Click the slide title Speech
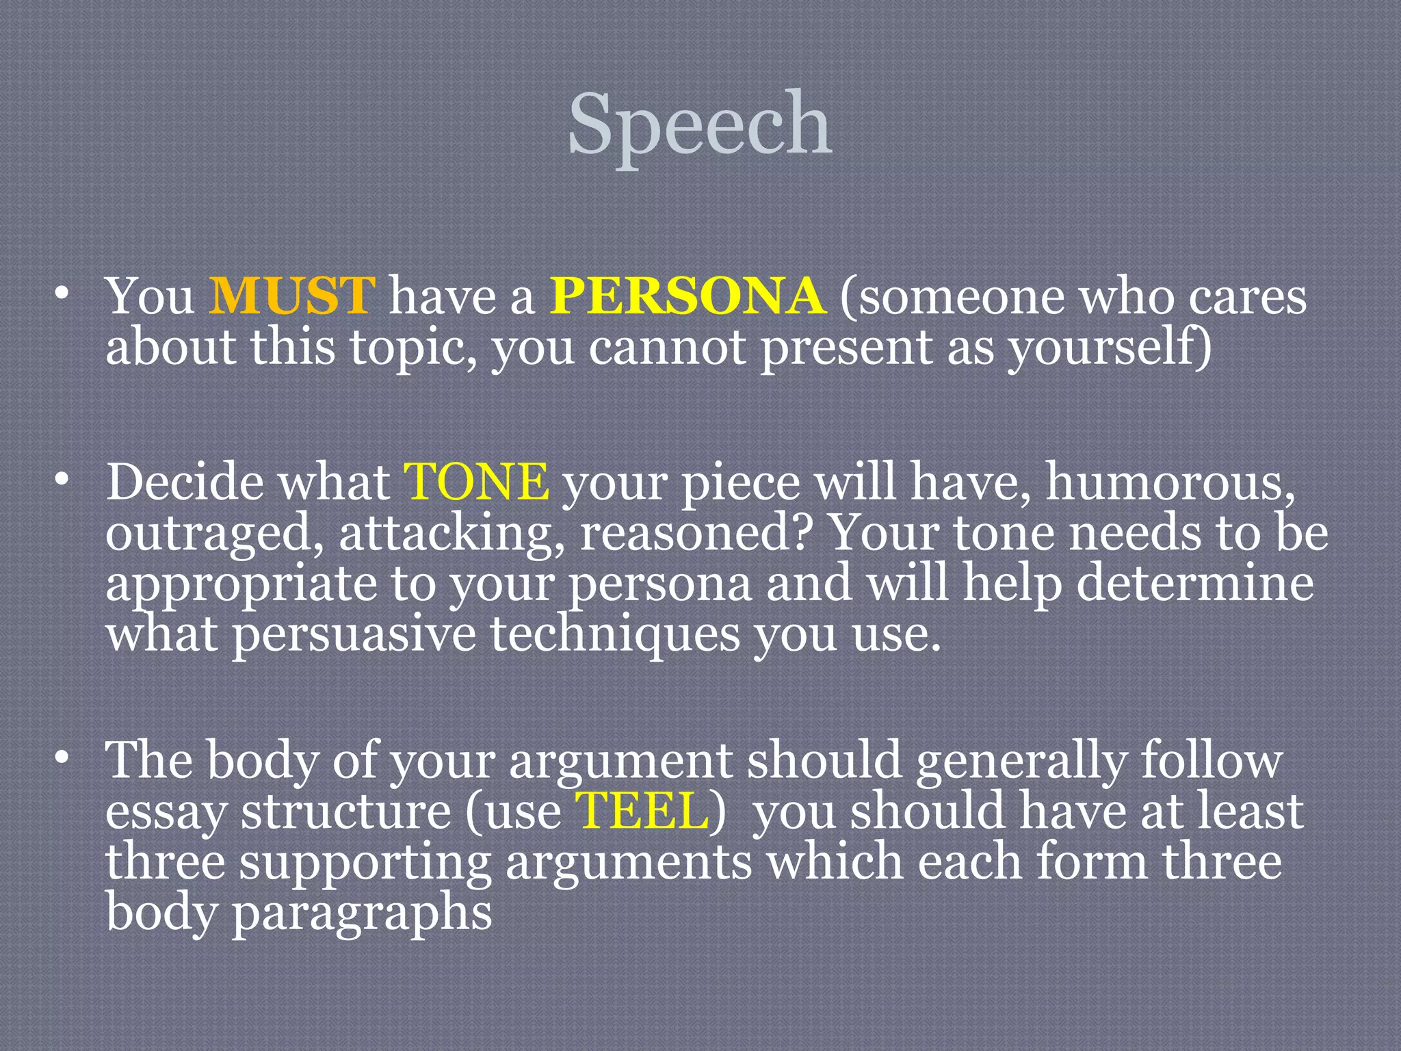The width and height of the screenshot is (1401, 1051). click(x=700, y=125)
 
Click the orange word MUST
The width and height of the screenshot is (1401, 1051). click(x=292, y=296)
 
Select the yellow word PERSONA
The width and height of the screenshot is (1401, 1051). click(x=688, y=296)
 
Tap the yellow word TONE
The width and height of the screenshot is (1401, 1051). click(x=476, y=482)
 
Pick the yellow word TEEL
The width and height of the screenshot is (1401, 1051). click(x=642, y=811)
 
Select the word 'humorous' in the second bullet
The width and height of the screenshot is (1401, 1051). click(x=1170, y=482)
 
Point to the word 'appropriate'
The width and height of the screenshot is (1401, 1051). click(x=239, y=586)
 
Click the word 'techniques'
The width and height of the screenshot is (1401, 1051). click(x=615, y=635)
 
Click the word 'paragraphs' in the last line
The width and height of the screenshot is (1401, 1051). click(x=361, y=914)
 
